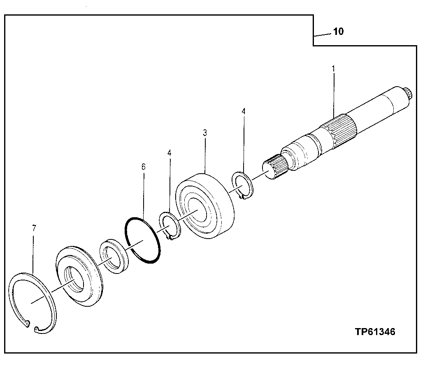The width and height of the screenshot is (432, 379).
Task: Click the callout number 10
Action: (338, 32)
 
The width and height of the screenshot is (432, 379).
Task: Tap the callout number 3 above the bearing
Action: (205, 133)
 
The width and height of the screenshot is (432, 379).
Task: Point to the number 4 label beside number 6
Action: (169, 153)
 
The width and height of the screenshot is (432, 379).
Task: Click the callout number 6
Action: (143, 167)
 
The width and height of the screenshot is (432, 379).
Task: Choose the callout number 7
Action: (34, 228)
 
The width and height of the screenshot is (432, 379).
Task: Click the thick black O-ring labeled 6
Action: (142, 240)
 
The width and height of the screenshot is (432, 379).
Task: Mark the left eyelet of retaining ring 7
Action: (27, 324)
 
